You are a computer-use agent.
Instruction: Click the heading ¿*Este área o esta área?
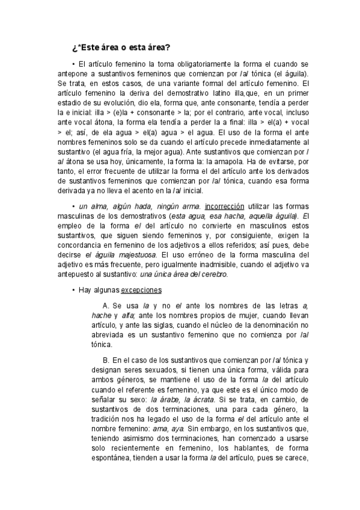[121, 47]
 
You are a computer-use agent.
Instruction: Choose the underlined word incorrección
[228, 205]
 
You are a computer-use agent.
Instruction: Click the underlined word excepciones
[142, 289]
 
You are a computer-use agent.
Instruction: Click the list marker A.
[106, 307]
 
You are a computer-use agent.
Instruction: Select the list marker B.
[106, 360]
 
